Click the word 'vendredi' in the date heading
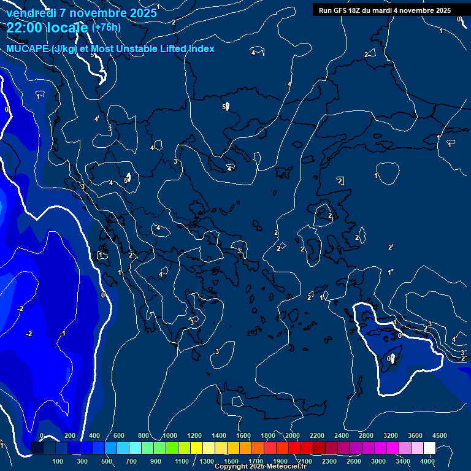31,13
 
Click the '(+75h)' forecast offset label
106,28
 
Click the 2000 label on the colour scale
293,435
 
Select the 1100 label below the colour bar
182,461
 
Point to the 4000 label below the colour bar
427,461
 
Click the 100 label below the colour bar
58,461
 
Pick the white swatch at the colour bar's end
429,448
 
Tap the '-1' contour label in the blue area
62,334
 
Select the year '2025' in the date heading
143,13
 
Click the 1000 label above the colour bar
170,435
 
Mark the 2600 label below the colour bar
354,461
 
